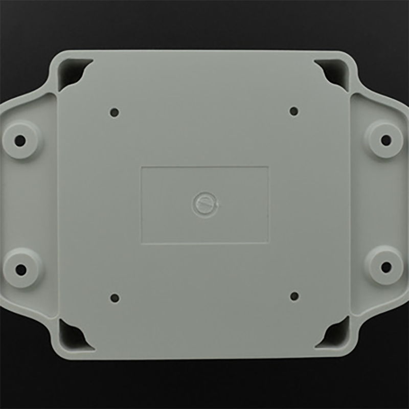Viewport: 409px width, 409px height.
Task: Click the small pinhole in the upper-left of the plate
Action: pyautogui.click(x=115, y=112)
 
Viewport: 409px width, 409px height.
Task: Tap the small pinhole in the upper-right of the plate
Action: pyautogui.click(x=294, y=111)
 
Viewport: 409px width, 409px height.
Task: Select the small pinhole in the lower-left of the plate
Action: pyautogui.click(x=115, y=298)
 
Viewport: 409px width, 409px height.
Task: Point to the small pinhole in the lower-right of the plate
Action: pyautogui.click(x=294, y=296)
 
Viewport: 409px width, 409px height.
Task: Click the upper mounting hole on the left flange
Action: pyautogui.click(x=20, y=141)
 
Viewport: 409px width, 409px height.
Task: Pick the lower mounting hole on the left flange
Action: pyautogui.click(x=21, y=268)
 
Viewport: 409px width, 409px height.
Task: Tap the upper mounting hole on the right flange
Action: pyautogui.click(x=387, y=140)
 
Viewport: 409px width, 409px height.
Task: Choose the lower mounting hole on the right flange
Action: pyautogui.click(x=387, y=266)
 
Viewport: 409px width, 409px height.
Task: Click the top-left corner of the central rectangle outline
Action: pyautogui.click(x=141, y=167)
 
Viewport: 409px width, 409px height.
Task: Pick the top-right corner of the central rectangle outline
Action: pyautogui.click(x=268, y=167)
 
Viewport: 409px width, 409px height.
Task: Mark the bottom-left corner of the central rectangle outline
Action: pyautogui.click(x=142, y=243)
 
